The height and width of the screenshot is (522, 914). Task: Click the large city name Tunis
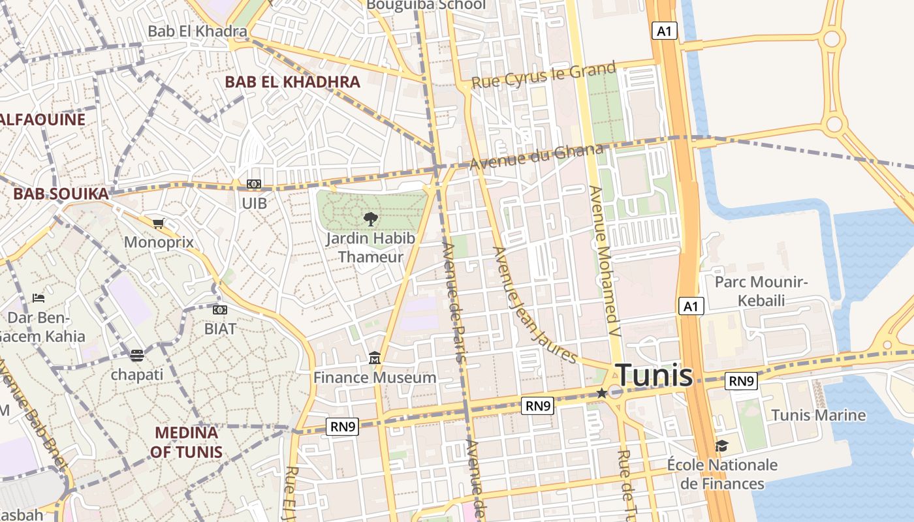pos(654,375)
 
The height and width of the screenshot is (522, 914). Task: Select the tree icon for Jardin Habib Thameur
pos(370,219)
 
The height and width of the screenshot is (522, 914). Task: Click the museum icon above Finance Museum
pos(375,358)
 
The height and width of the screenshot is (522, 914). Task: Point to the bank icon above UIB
pos(254,185)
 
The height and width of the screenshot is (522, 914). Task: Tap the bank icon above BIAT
pos(220,309)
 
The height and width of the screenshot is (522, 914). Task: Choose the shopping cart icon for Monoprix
pos(158,224)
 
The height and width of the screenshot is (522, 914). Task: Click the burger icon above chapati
pos(136,356)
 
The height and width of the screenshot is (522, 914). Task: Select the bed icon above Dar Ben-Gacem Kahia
pos(39,298)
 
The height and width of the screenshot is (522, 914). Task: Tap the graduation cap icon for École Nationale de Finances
pos(721,446)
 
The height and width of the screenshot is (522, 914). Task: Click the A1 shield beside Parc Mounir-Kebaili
pos(691,306)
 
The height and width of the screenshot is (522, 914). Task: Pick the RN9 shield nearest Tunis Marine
pos(741,380)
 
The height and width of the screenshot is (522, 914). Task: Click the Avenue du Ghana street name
pos(537,157)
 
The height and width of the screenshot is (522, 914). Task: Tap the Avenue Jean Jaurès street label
pos(534,305)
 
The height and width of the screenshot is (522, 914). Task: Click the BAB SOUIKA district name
pos(61,194)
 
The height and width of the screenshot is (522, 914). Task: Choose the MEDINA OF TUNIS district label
pos(186,442)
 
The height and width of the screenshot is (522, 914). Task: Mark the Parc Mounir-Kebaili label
pos(761,291)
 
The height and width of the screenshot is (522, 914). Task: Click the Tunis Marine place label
pos(818,415)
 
